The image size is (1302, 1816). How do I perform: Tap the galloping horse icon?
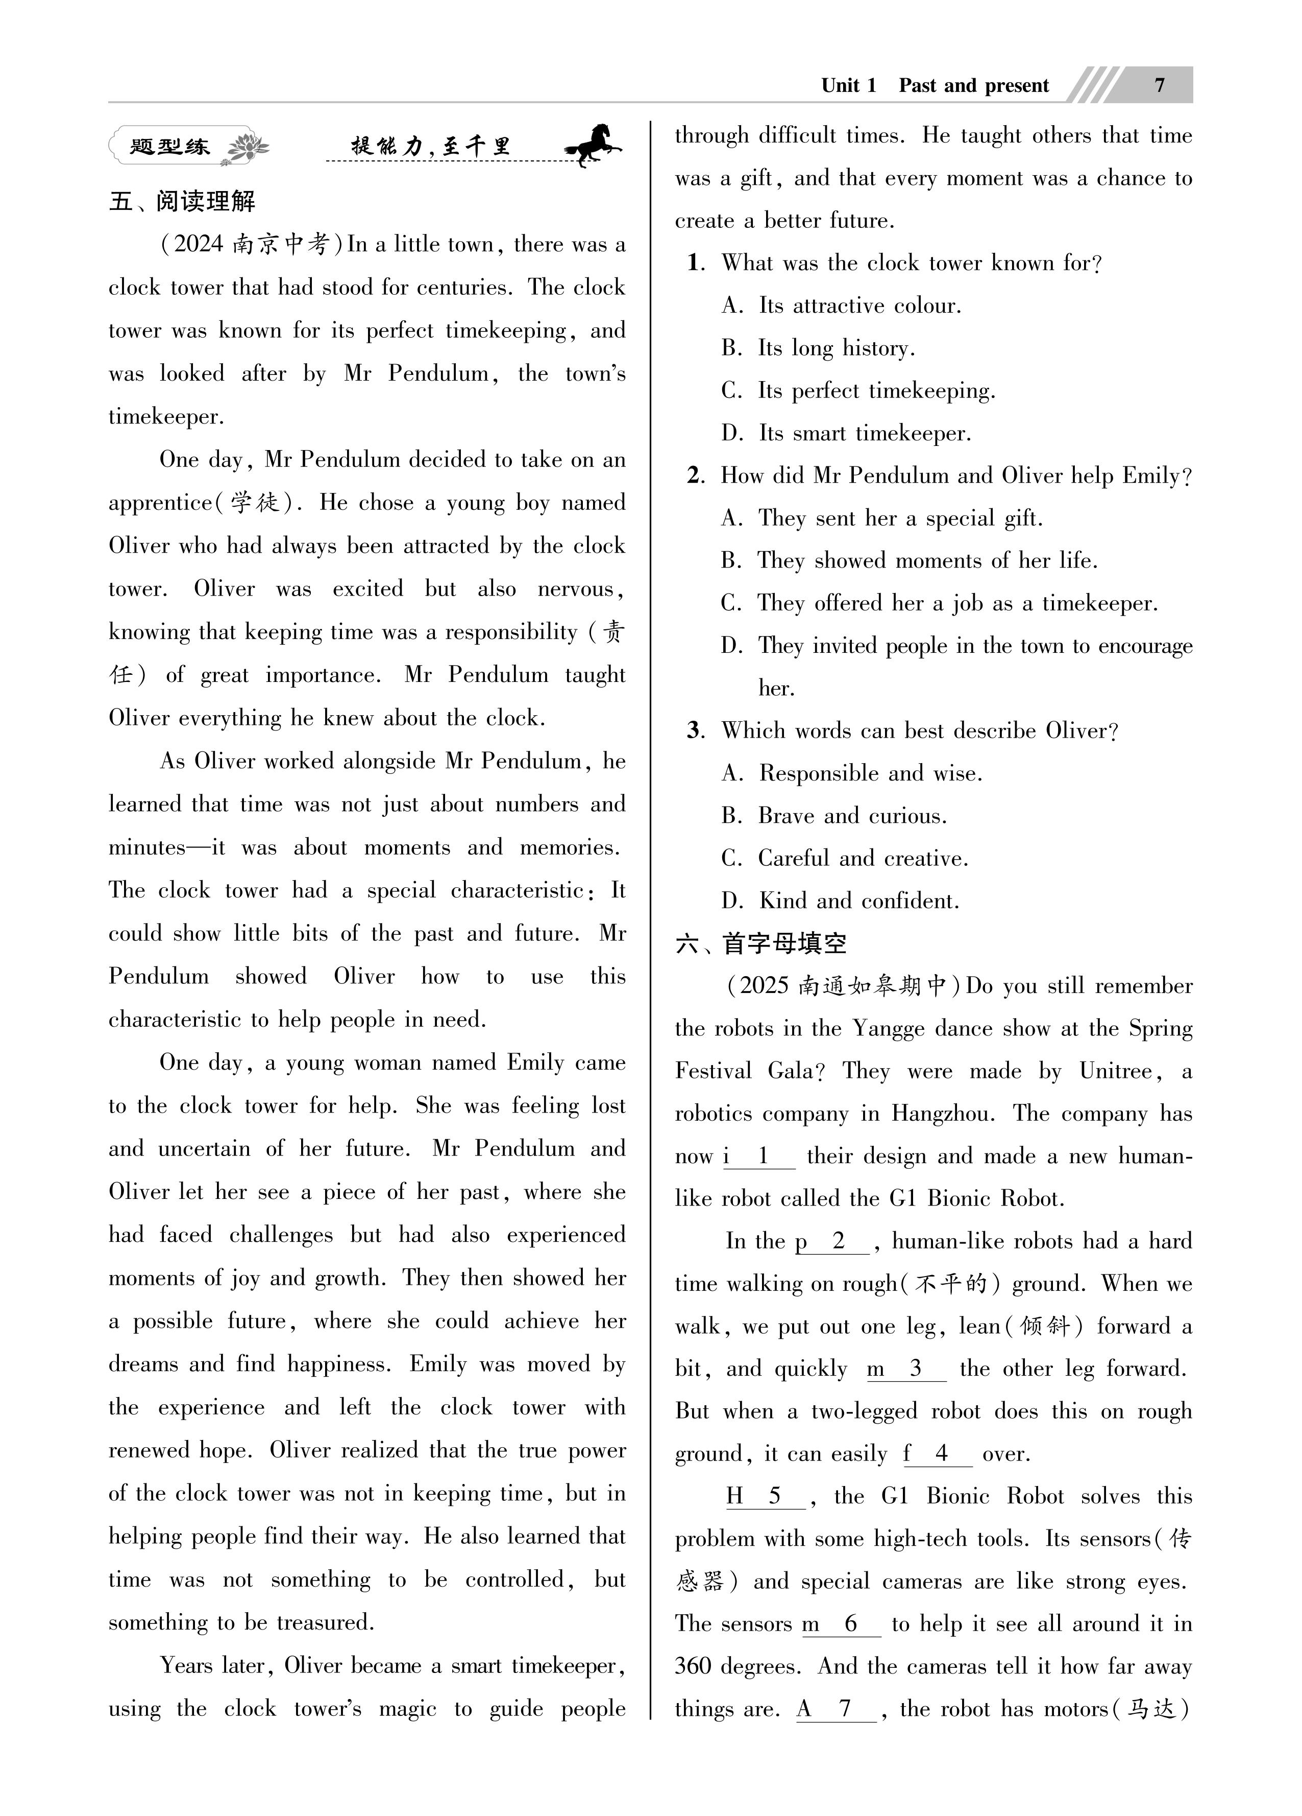coord(593,145)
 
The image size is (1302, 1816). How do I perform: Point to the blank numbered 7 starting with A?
coord(836,1709)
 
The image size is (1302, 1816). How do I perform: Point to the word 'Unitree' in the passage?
coord(1116,1071)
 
